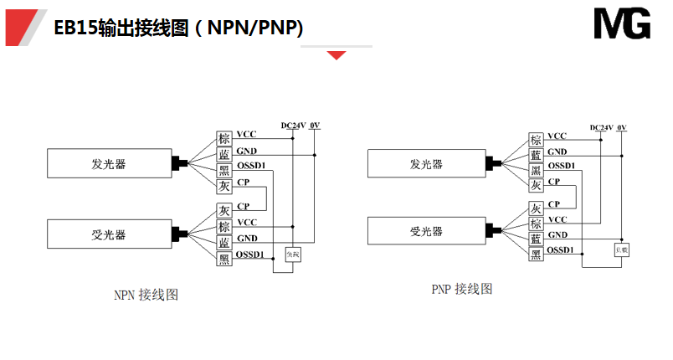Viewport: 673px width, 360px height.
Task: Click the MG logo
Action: [622, 24]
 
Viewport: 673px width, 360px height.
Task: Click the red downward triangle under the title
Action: [336, 55]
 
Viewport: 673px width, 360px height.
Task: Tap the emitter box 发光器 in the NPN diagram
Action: [109, 163]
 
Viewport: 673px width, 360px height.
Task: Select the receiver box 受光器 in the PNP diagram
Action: [427, 232]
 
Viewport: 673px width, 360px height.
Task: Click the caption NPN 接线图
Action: [146, 295]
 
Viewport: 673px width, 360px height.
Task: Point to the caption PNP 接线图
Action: [462, 290]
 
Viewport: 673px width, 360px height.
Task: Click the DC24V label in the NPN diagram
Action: [293, 126]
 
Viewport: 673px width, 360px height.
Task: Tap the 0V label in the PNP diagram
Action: [621, 127]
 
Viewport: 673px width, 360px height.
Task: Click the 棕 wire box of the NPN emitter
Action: [224, 139]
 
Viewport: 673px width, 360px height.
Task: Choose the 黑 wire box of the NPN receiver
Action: [224, 260]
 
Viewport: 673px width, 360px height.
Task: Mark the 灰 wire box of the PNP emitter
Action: [536, 186]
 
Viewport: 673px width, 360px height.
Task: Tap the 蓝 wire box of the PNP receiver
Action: [536, 239]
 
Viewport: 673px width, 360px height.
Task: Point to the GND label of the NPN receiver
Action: [247, 239]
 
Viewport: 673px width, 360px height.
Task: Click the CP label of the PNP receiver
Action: [554, 204]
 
